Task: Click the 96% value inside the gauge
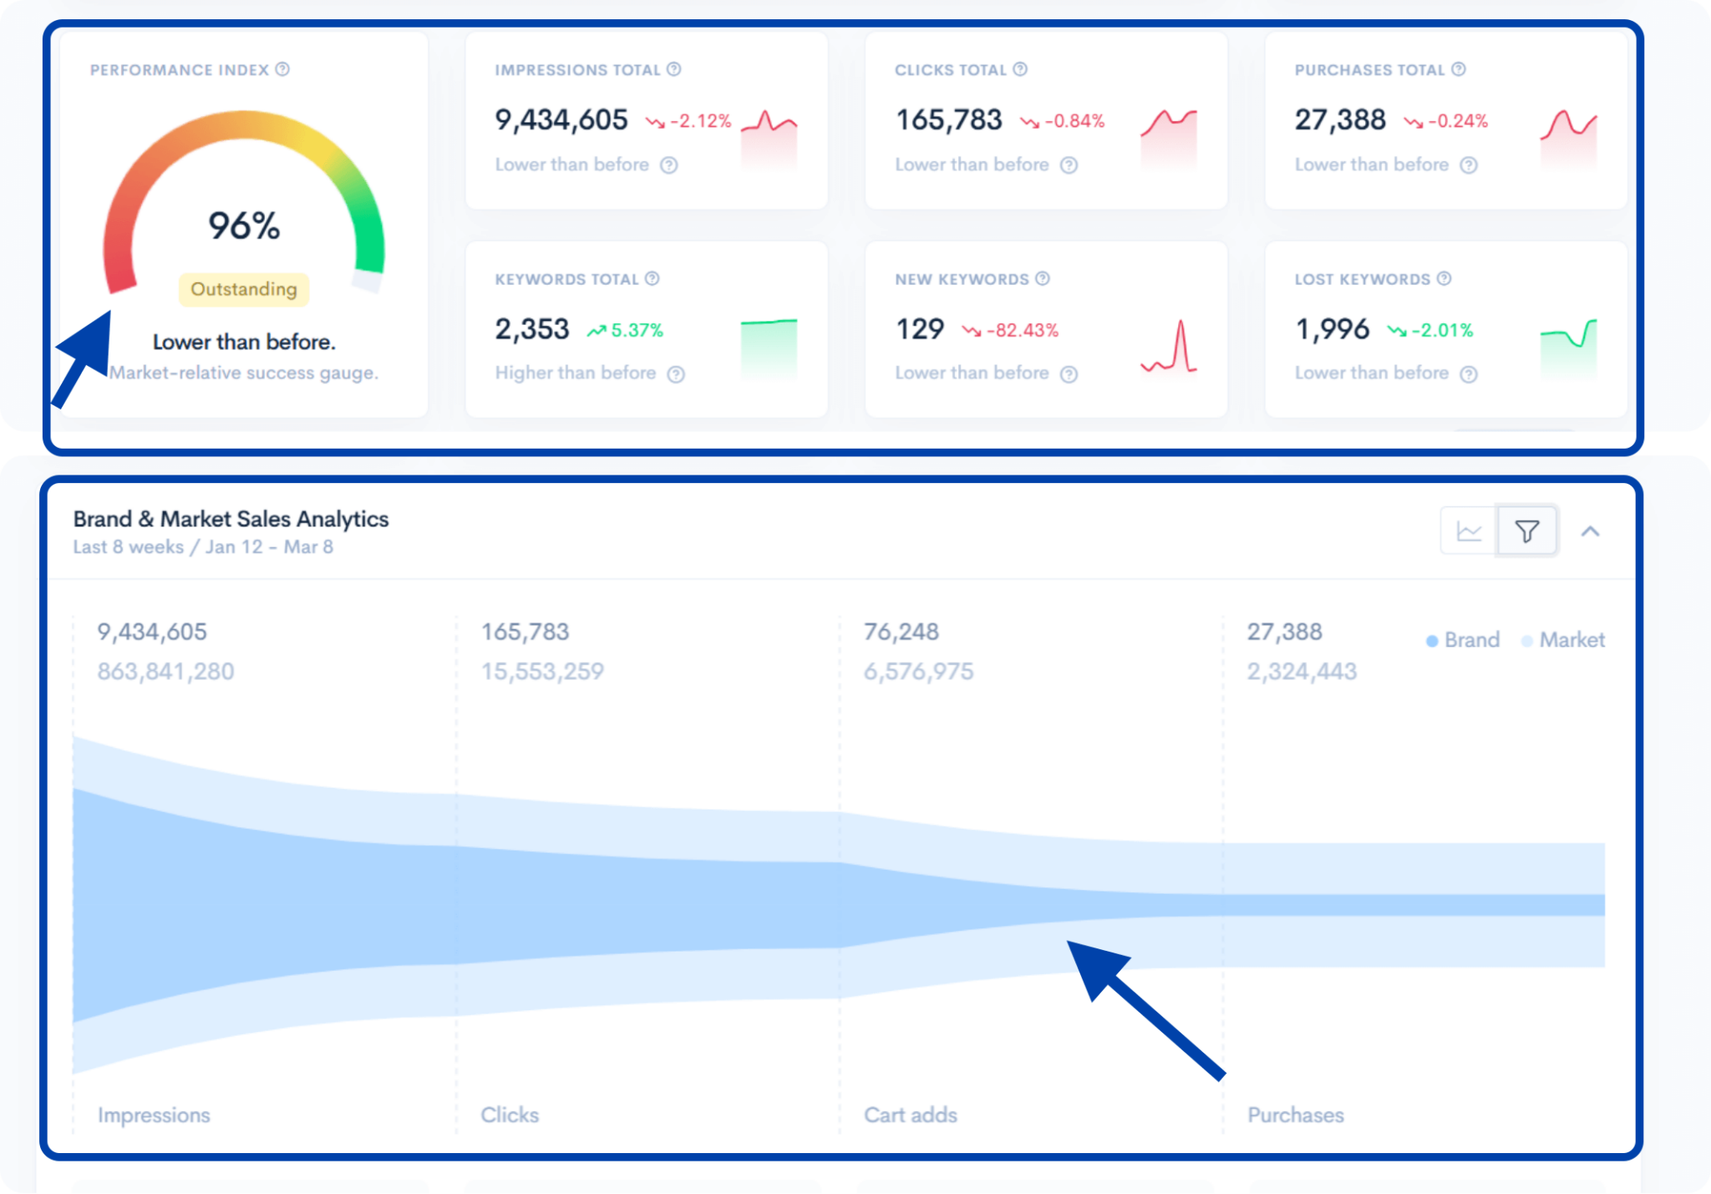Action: (x=243, y=226)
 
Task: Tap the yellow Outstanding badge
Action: (x=243, y=289)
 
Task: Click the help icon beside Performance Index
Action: (x=283, y=69)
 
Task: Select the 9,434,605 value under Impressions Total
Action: (x=561, y=120)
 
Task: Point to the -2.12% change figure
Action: (x=699, y=121)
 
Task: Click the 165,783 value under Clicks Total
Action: (x=948, y=120)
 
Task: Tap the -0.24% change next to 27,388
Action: (x=1457, y=121)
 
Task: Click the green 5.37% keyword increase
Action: (x=636, y=330)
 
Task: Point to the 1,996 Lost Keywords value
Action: (x=1332, y=329)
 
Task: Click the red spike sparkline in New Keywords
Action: (x=1170, y=346)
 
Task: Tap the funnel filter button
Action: (x=1526, y=531)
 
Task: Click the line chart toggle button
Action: (x=1469, y=531)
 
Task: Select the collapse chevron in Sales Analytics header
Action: (x=1590, y=531)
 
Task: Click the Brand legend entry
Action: (x=1464, y=640)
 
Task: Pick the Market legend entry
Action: (x=1564, y=640)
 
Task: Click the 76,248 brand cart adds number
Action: (x=901, y=632)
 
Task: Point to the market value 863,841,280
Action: (x=165, y=671)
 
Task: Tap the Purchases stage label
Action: (x=1295, y=1115)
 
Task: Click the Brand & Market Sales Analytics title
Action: (x=231, y=519)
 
